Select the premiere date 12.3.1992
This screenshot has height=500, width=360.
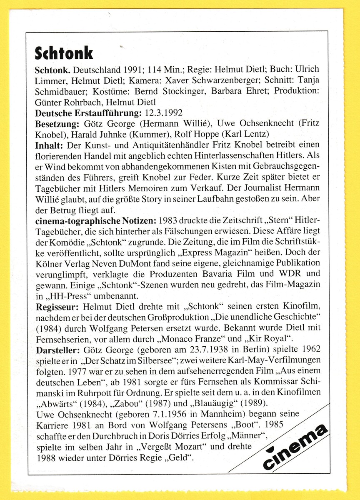click(164, 112)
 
